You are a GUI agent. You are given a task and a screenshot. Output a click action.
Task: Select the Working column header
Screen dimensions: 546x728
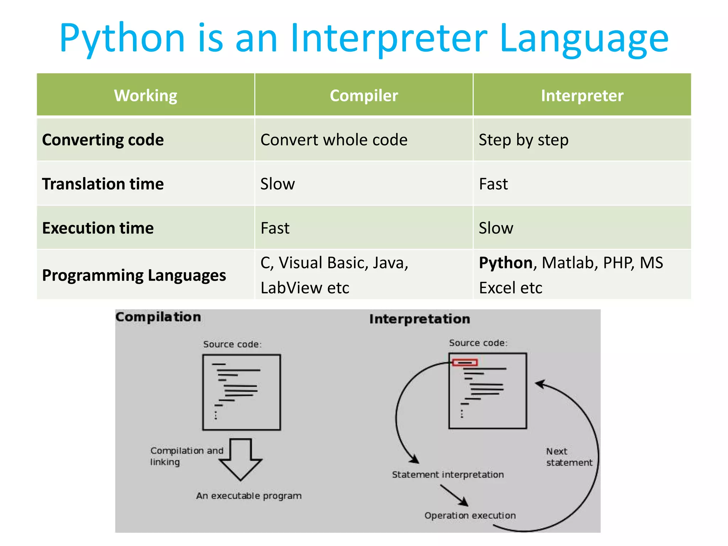tap(145, 95)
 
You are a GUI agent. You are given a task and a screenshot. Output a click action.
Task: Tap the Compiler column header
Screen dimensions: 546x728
tap(364, 95)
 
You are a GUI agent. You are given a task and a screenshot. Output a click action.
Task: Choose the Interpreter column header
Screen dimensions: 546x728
tap(582, 95)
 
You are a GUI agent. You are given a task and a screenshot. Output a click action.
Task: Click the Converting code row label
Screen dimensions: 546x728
tap(103, 140)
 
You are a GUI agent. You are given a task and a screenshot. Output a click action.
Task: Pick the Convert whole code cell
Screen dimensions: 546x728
tap(334, 140)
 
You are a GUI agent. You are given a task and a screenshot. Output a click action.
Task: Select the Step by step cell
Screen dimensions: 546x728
tap(524, 140)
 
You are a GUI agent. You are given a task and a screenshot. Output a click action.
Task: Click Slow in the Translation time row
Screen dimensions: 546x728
tap(278, 184)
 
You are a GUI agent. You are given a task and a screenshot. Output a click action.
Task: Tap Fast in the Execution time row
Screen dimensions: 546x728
tap(275, 228)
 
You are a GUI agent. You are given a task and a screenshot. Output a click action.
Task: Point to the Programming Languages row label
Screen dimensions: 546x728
tap(134, 275)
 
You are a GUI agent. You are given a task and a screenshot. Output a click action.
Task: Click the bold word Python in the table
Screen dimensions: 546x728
tap(505, 263)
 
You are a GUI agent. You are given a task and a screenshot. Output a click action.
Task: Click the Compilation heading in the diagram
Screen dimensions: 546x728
tap(158, 317)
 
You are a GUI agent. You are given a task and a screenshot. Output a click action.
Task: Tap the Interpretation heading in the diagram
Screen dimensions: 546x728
tap(419, 319)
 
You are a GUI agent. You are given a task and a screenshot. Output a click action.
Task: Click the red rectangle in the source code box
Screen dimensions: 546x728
tap(465, 363)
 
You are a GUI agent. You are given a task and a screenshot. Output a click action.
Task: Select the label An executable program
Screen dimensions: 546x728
tap(249, 496)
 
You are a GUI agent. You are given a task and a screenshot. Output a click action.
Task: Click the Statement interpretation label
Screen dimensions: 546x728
tap(448, 475)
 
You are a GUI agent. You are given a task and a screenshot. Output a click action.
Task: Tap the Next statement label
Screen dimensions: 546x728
tap(569, 457)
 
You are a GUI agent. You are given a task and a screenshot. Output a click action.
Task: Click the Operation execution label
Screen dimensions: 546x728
tap(470, 515)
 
